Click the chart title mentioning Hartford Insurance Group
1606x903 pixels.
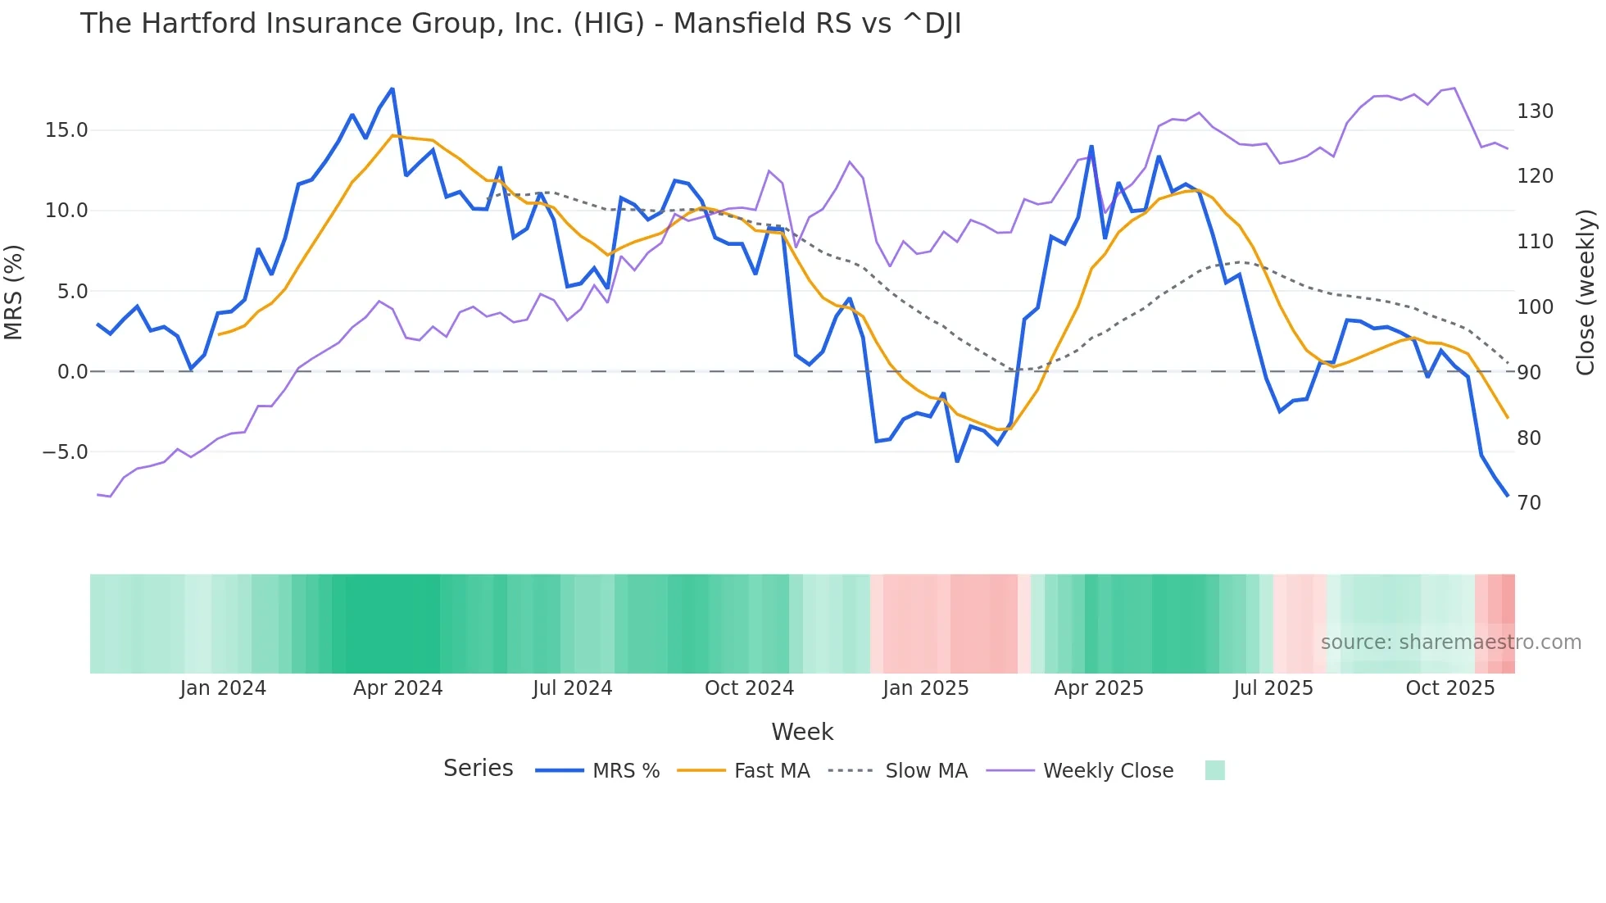click(520, 24)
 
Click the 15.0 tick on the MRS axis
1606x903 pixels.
click(66, 130)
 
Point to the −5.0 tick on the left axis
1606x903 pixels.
click(65, 452)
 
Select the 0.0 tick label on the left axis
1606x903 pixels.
click(72, 372)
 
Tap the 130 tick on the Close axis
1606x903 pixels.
click(1535, 111)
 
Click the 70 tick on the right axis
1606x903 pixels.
click(1529, 503)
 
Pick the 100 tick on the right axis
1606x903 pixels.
click(1535, 307)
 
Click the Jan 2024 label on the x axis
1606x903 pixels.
click(223, 688)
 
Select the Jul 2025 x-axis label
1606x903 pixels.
click(1273, 688)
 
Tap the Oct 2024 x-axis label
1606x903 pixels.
click(749, 688)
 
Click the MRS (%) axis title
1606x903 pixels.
click(14, 293)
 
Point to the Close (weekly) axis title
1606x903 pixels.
click(1586, 293)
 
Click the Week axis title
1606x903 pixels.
click(802, 732)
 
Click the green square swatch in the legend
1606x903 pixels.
click(1215, 770)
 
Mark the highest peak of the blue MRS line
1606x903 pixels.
click(392, 89)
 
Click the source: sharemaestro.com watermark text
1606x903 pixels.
click(1450, 642)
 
